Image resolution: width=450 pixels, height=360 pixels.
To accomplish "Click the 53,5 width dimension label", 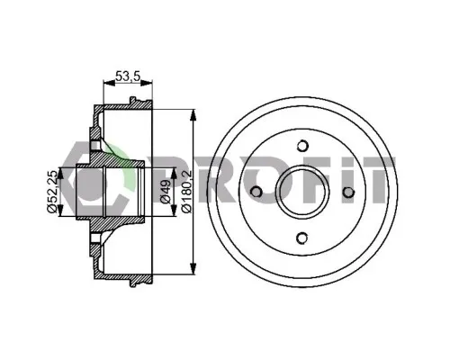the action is pyautogui.click(x=128, y=76).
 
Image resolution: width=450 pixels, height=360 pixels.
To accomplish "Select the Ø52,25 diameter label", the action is pyautogui.click(x=52, y=191).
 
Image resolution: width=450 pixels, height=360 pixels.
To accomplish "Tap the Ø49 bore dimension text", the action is pyautogui.click(x=166, y=192).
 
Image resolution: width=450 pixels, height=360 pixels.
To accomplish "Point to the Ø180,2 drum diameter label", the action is pyautogui.click(x=186, y=191).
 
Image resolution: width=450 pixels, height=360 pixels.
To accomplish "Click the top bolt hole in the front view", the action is pyautogui.click(x=302, y=146).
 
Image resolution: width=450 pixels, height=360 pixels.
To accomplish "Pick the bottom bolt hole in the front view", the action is pyautogui.click(x=302, y=238).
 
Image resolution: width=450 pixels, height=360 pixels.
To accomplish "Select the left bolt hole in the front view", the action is pyautogui.click(x=256, y=192).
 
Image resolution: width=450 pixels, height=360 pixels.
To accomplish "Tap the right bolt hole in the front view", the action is pyautogui.click(x=348, y=192).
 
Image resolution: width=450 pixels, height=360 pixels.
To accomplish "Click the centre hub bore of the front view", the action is pyautogui.click(x=302, y=192).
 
